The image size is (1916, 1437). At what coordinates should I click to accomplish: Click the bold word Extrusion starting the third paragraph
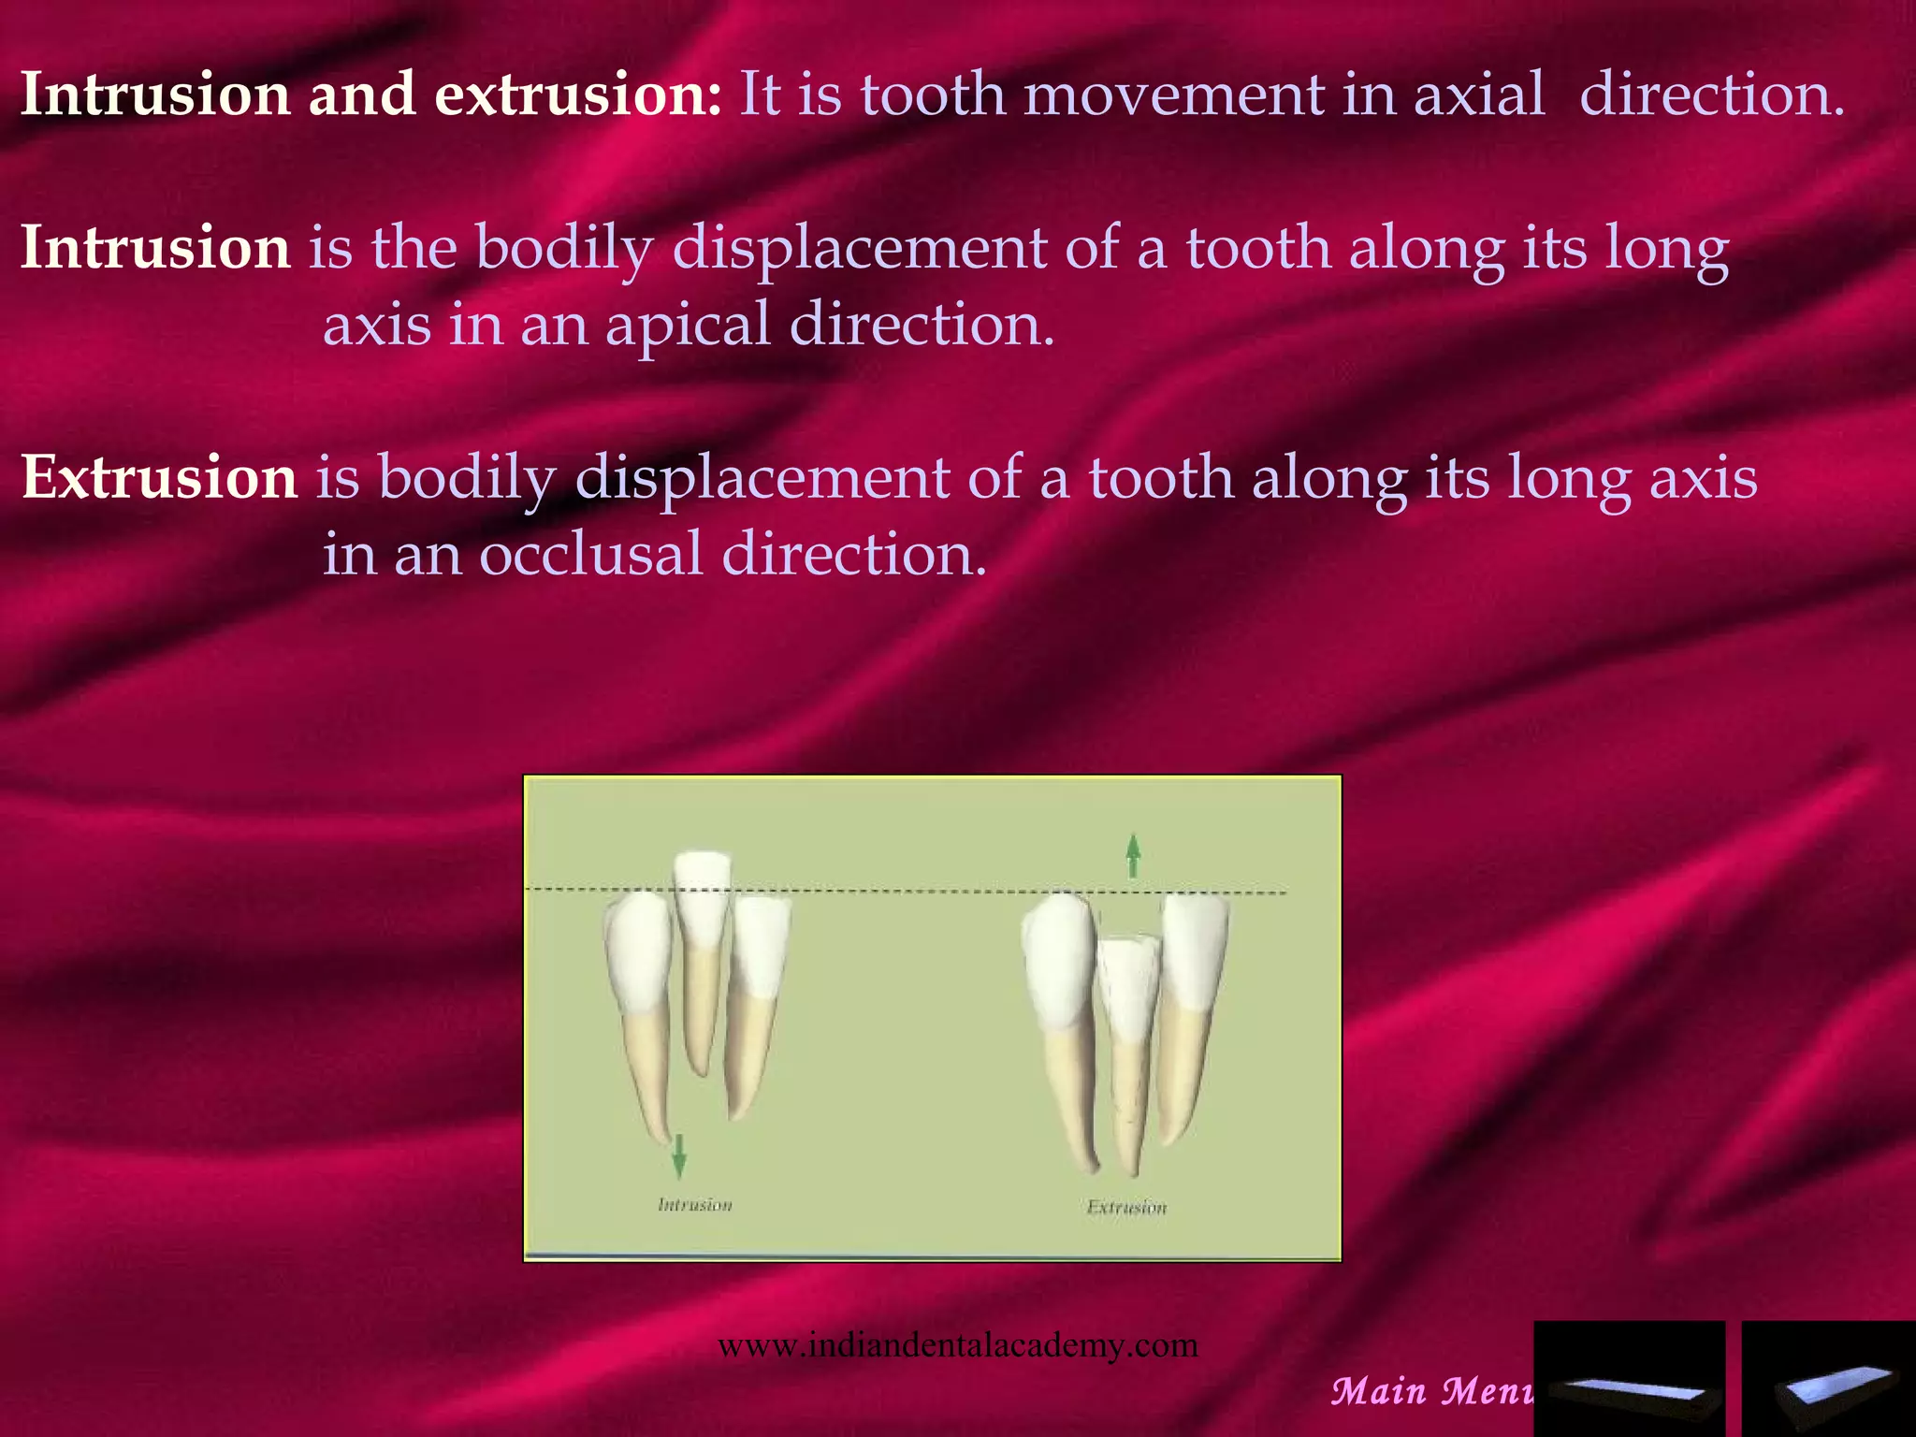tap(159, 477)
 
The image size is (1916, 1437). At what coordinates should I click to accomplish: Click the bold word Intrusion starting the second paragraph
tap(155, 248)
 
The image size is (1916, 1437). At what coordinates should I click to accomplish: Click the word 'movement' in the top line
tap(1173, 94)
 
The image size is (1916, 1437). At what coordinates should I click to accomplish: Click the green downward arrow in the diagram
tap(679, 1154)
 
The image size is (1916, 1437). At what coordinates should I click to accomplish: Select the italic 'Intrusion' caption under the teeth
tap(694, 1205)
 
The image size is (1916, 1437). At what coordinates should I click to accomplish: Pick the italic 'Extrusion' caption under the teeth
tap(1126, 1207)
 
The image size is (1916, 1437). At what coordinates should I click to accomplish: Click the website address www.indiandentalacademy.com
tap(957, 1345)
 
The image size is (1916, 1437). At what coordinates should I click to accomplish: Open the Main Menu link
tap(1431, 1391)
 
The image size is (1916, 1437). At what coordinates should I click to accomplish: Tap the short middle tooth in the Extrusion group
tap(1128, 992)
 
